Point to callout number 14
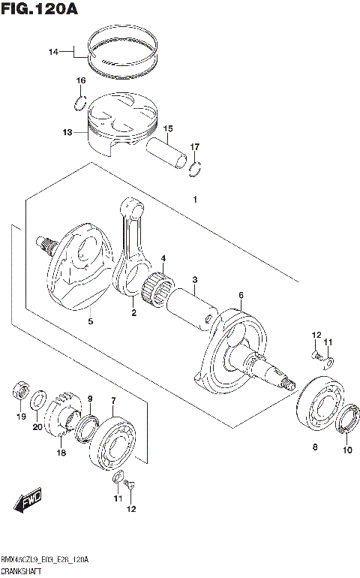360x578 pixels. [52, 52]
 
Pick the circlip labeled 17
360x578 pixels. [195, 167]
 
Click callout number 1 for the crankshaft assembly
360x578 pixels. [194, 200]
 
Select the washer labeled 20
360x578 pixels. [40, 396]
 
